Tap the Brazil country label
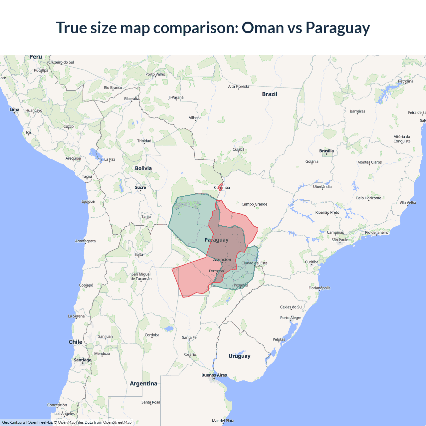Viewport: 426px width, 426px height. coord(270,94)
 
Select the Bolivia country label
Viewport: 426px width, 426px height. coord(143,168)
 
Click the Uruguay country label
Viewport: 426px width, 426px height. coord(239,356)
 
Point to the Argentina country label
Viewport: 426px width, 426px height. coord(143,383)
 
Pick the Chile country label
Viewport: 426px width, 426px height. coord(76,342)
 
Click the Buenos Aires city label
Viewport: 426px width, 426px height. coord(214,375)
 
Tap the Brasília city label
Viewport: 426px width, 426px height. coord(326,151)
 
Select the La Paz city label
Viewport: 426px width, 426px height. coord(110,159)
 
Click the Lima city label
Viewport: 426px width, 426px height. coord(14,109)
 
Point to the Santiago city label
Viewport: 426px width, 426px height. coord(83,360)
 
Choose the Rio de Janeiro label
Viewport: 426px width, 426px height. coord(377,232)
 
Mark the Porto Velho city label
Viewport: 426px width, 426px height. coord(155,74)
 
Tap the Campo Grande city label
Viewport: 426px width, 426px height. coord(254,204)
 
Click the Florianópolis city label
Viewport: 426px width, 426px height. coord(319,288)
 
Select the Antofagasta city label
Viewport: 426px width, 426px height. coord(85,241)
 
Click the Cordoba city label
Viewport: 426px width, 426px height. coord(152,335)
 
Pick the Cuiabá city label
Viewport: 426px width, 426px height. coord(238,149)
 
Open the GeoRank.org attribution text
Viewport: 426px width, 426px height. coord(13,422)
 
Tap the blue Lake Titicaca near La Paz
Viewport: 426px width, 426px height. coord(95,154)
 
